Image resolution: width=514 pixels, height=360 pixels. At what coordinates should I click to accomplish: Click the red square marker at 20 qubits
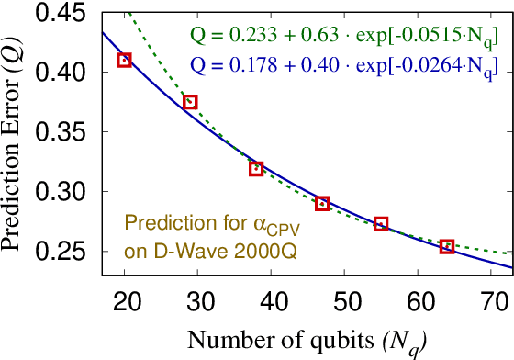125,60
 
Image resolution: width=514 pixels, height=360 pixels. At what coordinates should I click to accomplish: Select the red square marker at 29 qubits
190,102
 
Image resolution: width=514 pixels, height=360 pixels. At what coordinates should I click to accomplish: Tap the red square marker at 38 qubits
256,168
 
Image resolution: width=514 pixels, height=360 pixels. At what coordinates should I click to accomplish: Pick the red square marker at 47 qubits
322,203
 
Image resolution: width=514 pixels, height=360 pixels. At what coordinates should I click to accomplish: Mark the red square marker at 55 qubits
381,224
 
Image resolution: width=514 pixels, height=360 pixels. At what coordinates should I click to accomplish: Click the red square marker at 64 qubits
447,246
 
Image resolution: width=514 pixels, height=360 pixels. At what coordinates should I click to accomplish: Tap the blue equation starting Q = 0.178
344,66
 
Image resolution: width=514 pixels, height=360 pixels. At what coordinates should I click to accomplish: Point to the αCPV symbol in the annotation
270,225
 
